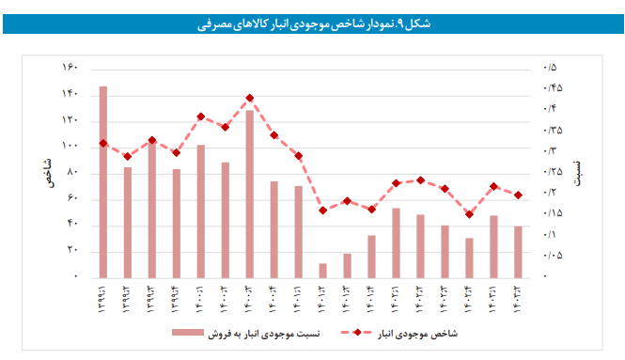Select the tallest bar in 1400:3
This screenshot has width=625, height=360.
click(x=249, y=194)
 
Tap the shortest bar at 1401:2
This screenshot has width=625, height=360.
click(x=322, y=270)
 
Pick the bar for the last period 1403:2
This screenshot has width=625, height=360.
click(x=518, y=251)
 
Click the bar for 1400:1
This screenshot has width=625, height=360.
click(x=200, y=211)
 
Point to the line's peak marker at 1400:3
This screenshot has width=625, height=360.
click(x=249, y=98)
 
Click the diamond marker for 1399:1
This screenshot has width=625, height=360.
click(x=102, y=143)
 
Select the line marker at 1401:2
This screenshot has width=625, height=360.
click(x=322, y=211)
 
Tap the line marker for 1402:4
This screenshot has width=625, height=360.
click(x=469, y=214)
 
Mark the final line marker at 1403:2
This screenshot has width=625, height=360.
click(x=518, y=195)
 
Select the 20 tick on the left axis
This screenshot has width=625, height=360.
click(x=71, y=251)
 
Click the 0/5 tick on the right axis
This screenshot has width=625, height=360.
click(x=550, y=68)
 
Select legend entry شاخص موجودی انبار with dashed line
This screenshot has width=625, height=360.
click(x=393, y=333)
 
